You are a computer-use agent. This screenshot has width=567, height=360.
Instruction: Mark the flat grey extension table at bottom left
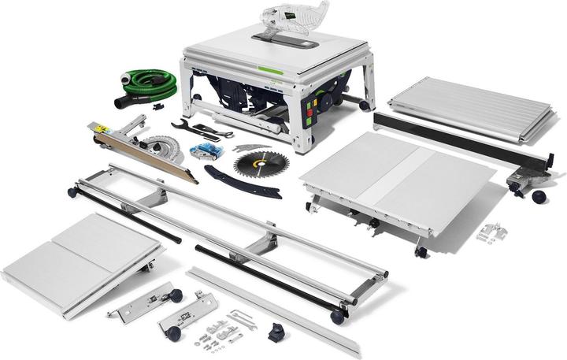tap(79, 253)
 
